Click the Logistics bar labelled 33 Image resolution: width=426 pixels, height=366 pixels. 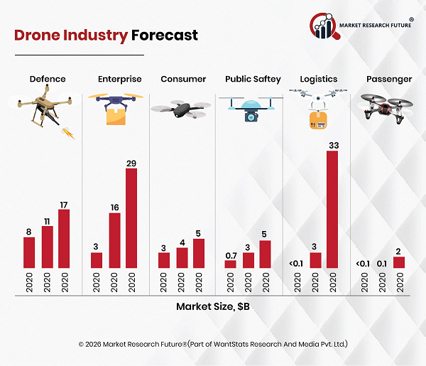(332, 210)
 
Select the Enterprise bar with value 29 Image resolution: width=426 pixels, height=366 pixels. (131, 218)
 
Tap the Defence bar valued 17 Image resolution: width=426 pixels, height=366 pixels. (65, 239)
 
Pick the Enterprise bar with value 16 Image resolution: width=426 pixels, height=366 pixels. (114, 240)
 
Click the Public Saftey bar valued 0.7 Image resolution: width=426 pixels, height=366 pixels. (230, 264)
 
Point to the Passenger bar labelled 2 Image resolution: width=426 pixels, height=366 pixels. (398, 262)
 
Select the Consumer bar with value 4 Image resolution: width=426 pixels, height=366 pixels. (181, 257)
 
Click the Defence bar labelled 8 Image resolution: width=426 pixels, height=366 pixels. (29, 252)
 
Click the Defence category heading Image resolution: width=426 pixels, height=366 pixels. (47, 79)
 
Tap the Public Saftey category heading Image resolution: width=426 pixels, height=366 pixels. (253, 79)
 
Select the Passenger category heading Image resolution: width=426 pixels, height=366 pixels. (388, 79)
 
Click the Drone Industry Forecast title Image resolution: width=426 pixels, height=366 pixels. (106, 35)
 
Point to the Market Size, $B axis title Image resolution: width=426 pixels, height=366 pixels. (213, 307)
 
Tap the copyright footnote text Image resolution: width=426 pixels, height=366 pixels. (213, 344)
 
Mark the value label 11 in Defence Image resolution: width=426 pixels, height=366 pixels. (47, 221)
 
